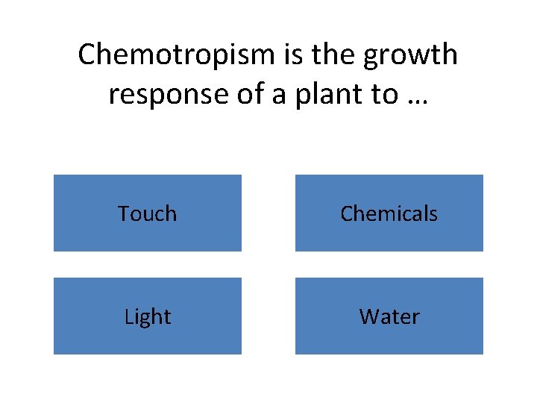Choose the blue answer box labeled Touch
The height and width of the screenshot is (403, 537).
(148, 213)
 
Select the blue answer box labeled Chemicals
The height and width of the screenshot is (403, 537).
(389, 213)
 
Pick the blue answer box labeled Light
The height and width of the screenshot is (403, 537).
(148, 316)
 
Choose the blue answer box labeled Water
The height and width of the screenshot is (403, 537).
(389, 316)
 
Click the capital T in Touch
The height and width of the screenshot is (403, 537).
(123, 213)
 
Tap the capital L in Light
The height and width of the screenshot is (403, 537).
(128, 316)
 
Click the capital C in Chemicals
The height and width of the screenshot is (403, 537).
(346, 213)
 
